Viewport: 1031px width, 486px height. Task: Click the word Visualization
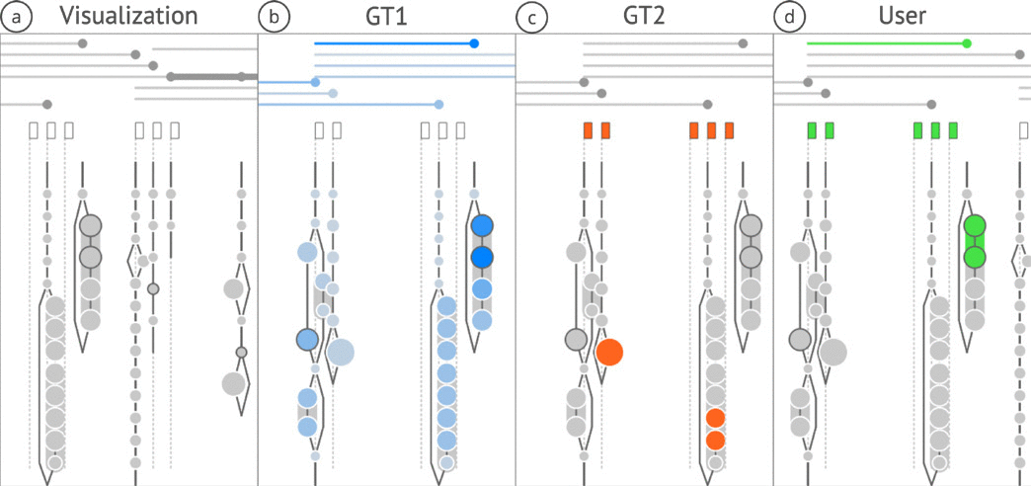[128, 16]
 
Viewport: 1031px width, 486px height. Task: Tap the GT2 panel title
[645, 16]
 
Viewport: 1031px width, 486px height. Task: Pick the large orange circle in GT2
[608, 351]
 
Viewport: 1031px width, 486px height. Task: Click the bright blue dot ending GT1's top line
[475, 43]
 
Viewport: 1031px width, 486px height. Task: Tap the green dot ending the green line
[967, 43]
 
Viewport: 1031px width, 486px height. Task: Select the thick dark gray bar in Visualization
[207, 76]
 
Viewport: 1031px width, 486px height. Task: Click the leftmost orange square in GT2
[588, 130]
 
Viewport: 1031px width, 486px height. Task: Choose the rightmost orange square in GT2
[729, 130]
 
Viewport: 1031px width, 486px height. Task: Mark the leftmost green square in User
[811, 130]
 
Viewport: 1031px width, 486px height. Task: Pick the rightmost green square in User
[953, 130]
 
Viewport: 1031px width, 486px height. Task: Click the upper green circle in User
[975, 226]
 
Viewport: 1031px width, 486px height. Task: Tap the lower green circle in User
[975, 257]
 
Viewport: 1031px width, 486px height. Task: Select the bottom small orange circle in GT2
[716, 440]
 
